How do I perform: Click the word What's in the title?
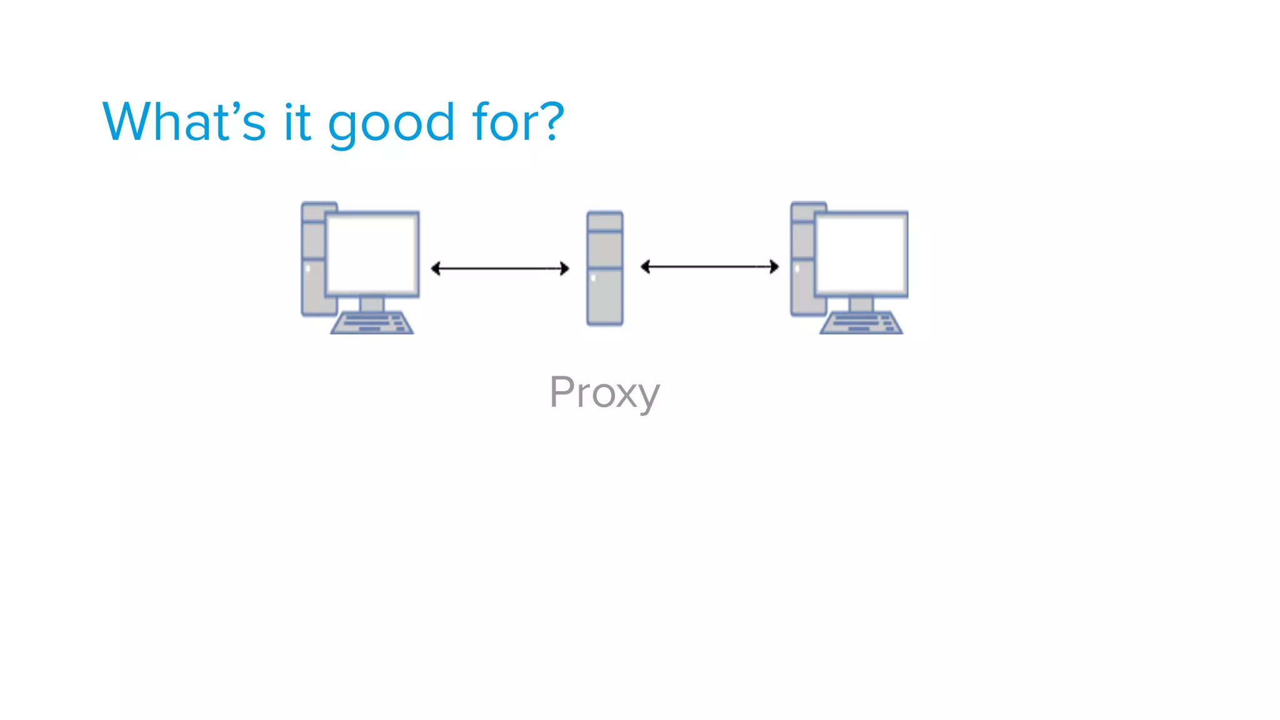pyautogui.click(x=184, y=122)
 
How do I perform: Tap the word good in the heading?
pyautogui.click(x=391, y=123)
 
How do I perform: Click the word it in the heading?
pyautogui.click(x=297, y=122)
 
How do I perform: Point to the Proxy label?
pyautogui.click(x=604, y=393)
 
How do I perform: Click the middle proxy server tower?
pyautogui.click(x=604, y=269)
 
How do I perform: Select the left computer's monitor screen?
pyautogui.click(x=372, y=253)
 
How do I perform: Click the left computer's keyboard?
pyautogui.click(x=372, y=323)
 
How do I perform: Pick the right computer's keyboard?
pyautogui.click(x=861, y=323)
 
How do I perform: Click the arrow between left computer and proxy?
pyautogui.click(x=500, y=269)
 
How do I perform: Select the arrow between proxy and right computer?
pyautogui.click(x=710, y=267)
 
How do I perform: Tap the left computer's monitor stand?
pyautogui.click(x=372, y=304)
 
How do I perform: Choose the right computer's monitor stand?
pyautogui.click(x=861, y=304)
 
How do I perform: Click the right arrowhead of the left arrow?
pyautogui.click(x=564, y=269)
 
